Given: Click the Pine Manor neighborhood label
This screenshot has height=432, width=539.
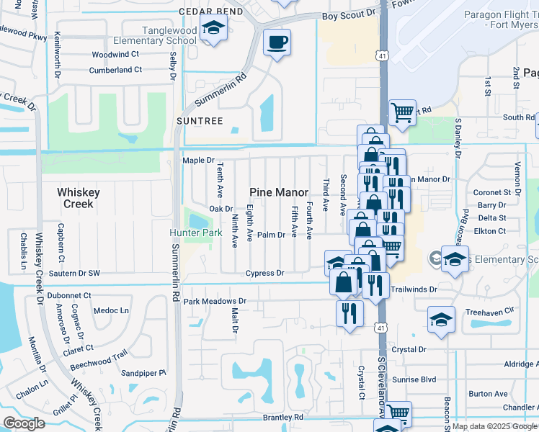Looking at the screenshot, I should [279, 192].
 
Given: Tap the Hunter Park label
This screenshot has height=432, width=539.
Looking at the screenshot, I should [195, 233].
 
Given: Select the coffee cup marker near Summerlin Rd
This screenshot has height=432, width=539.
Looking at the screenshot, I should [276, 43].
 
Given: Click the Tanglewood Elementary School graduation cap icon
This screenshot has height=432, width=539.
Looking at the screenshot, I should [213, 30].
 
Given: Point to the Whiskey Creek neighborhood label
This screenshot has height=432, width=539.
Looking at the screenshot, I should [79, 198].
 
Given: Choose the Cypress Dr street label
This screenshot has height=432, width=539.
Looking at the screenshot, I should [265, 274].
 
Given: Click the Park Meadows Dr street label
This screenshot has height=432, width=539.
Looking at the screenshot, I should [215, 302].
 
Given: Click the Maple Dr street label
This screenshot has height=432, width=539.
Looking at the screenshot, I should [199, 161].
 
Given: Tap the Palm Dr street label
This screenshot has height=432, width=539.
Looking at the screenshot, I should [272, 235].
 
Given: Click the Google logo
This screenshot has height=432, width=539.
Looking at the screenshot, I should [24, 423].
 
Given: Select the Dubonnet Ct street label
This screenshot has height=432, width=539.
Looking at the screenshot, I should [69, 295].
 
